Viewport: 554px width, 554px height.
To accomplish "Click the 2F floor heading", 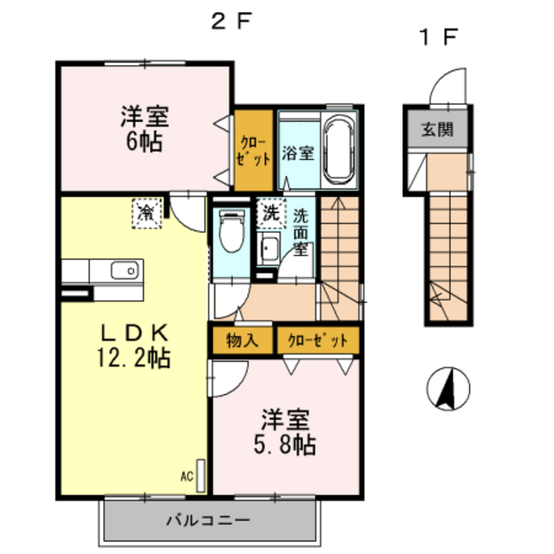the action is (231, 21).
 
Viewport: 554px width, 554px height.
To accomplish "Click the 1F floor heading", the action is (439, 37).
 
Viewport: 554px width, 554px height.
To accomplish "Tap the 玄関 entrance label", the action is (437, 130).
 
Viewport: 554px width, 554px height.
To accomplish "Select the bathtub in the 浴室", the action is (339, 150).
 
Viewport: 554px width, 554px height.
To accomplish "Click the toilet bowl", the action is (232, 230).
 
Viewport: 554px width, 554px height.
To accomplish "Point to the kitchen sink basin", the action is (125, 271).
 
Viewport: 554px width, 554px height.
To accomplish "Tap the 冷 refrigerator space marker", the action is (146, 213).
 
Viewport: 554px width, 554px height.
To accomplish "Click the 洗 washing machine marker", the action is (271, 213).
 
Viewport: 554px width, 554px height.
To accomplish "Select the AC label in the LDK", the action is (187, 477).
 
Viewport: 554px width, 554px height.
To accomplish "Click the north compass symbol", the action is (448, 389).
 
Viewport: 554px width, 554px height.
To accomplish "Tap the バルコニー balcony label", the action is (208, 520).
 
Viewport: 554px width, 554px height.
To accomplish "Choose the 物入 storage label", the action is (242, 340).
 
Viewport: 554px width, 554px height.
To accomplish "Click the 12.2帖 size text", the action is (134, 358).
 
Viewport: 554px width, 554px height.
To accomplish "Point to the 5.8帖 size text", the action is (285, 444).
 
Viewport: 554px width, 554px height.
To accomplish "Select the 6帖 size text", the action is (145, 141).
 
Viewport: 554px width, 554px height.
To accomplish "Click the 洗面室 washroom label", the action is (300, 232).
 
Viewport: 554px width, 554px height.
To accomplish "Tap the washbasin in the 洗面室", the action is (268, 248).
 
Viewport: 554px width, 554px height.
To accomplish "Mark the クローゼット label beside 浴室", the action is (253, 151).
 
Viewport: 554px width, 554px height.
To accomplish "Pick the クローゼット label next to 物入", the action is (318, 341).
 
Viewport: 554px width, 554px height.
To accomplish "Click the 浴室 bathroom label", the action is (298, 152).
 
